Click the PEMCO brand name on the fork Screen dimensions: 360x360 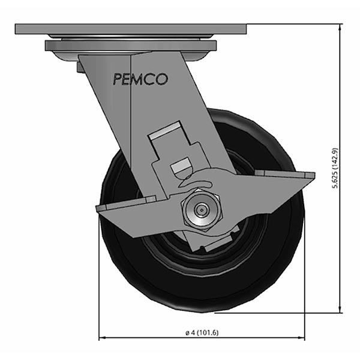tap(140, 79)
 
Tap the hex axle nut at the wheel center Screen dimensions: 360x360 tap(201, 209)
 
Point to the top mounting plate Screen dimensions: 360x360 tap(131, 29)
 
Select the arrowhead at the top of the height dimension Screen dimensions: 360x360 tap(340, 28)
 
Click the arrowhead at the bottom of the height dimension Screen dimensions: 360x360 tap(340, 309)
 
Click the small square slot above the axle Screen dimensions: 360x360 tap(181, 166)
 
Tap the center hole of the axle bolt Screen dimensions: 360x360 tap(201, 209)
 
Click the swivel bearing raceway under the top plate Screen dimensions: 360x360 tap(130, 46)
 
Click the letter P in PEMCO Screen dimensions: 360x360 tap(116, 79)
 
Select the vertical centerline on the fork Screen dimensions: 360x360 tap(130, 120)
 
